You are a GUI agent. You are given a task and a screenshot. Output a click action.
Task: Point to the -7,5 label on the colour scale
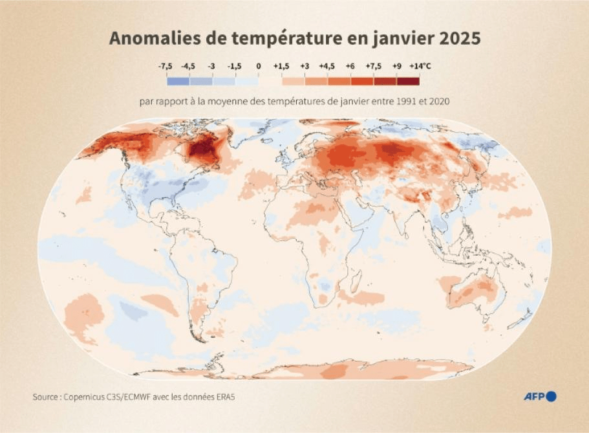coord(166,66)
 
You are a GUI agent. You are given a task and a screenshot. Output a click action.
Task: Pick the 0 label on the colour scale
coord(259,66)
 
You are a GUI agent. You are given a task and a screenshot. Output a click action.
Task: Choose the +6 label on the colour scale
coord(350,66)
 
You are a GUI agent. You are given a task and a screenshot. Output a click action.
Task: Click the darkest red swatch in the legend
coord(408,81)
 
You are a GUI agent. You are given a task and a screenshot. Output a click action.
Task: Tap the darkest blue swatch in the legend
coord(178,81)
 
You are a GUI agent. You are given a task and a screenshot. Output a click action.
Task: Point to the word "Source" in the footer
coord(46,397)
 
